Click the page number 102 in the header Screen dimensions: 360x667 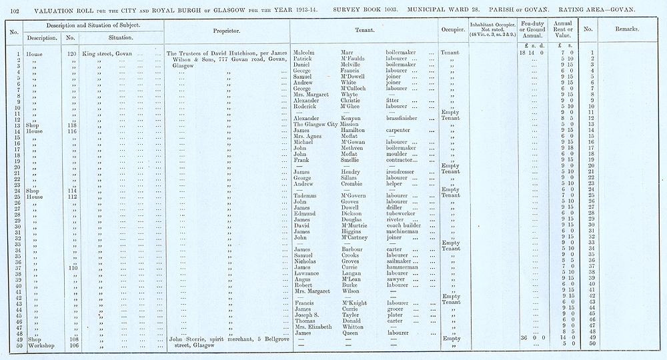pos(13,9)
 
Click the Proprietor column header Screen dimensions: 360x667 pos(226,31)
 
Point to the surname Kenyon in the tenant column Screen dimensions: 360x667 pos(345,118)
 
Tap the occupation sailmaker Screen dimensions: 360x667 pos(402,261)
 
